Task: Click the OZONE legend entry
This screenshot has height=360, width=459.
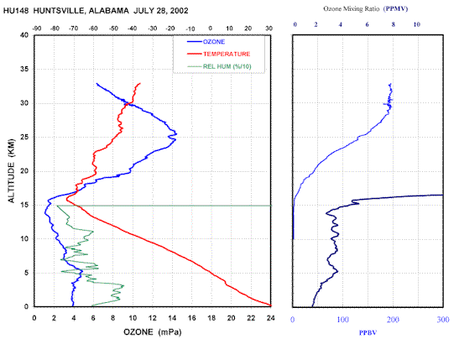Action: click(206, 42)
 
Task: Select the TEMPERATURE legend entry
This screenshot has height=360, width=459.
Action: click(218, 55)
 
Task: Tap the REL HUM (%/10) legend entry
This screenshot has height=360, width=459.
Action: click(219, 66)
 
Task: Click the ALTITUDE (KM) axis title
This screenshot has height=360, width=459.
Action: click(11, 170)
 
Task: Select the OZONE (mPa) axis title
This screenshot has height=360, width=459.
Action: click(153, 332)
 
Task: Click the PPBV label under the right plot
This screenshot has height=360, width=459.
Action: click(368, 333)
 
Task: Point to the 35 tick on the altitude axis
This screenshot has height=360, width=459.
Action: click(25, 70)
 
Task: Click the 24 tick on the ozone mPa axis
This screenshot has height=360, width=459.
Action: click(271, 318)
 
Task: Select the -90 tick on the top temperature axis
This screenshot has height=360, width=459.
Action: click(37, 29)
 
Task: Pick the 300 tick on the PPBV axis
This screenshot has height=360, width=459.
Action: click(443, 320)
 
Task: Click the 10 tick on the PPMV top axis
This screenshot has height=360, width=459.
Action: click(416, 24)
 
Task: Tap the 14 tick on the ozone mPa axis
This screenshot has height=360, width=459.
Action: click(172, 318)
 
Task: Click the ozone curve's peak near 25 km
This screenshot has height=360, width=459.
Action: click(176, 134)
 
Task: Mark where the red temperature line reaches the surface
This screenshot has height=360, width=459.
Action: click(270, 305)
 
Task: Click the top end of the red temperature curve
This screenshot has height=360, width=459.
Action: click(140, 83)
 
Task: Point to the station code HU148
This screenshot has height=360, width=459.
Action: click(16, 11)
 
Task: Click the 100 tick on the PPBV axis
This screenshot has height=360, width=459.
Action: click(343, 320)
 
